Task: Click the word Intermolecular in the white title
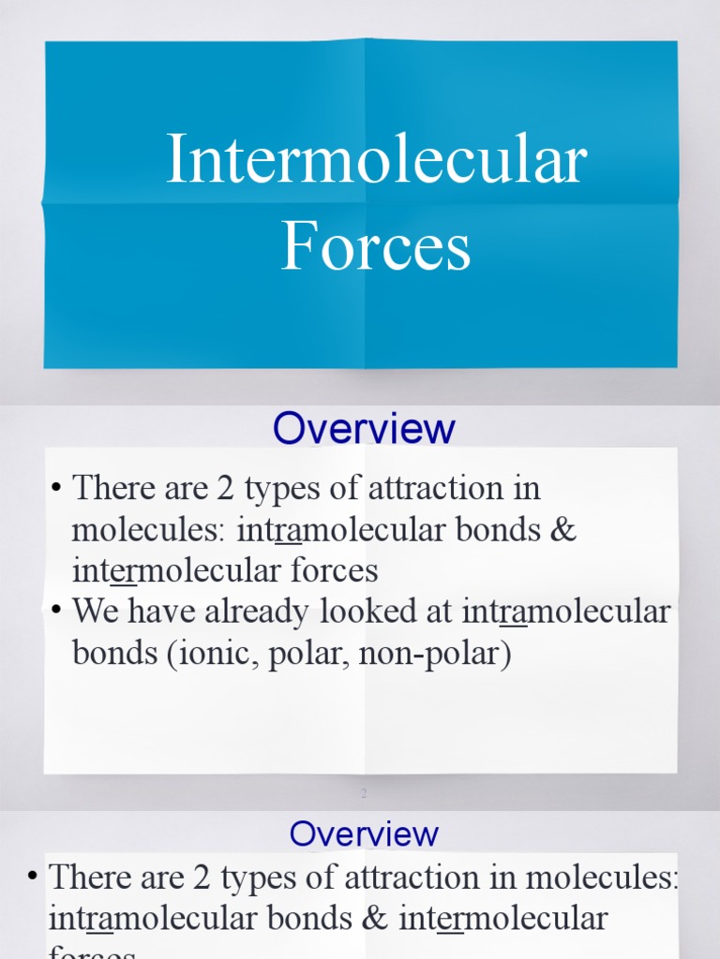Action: tap(376, 160)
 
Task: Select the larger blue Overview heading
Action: tap(364, 429)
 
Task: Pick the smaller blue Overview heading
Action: tap(364, 834)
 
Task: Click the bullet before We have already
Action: tap(57, 610)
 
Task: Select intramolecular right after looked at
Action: tap(567, 612)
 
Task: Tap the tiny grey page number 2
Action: tap(362, 794)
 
